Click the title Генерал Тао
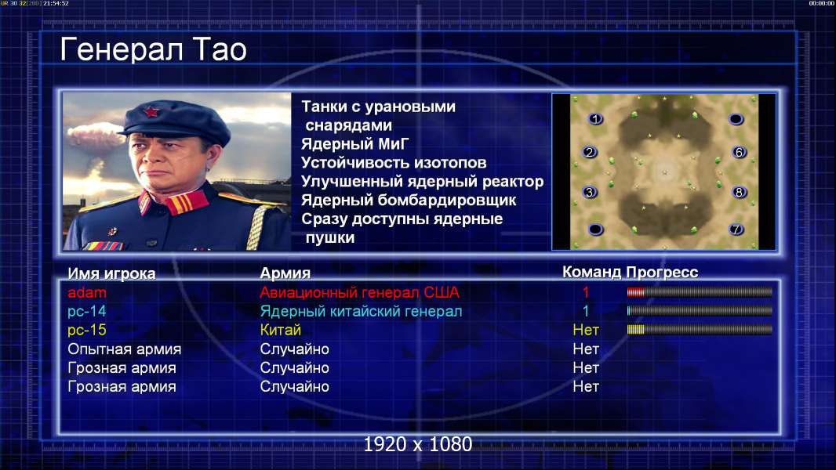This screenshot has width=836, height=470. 153,49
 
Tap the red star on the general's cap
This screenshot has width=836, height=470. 151,112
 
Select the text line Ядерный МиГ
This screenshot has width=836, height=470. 355,144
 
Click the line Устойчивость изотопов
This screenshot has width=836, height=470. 394,162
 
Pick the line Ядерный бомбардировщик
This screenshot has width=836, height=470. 409,200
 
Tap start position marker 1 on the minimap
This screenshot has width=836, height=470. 595,119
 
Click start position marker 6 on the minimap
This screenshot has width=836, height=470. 739,152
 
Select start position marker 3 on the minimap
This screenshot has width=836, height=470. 589,192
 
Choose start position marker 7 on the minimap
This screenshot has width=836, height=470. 736,230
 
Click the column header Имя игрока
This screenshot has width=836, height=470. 111,273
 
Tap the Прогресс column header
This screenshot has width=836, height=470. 662,272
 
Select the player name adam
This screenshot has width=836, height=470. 87,292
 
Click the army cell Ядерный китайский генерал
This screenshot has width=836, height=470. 361,312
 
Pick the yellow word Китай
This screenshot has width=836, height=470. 281,330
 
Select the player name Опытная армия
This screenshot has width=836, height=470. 124,349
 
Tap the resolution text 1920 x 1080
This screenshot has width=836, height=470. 418,444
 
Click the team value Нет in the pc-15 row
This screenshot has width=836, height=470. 586,330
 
